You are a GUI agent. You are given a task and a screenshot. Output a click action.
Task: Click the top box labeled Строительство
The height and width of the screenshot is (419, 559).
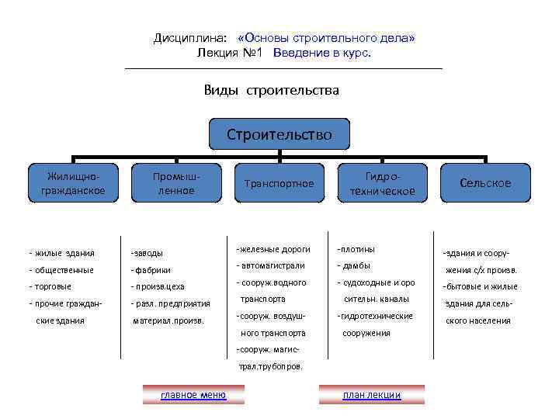click(279, 134)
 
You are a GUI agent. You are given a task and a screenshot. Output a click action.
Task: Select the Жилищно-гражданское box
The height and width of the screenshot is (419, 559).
click(74, 183)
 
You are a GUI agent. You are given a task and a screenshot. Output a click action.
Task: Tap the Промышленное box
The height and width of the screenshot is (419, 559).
click(176, 183)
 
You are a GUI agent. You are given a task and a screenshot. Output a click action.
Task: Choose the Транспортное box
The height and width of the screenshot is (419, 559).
click(279, 183)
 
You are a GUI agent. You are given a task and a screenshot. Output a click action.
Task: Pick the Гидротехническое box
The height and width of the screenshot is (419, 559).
click(382, 183)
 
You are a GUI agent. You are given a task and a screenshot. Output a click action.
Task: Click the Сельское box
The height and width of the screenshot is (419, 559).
click(485, 183)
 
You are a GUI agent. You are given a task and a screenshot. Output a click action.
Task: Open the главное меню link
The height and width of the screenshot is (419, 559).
click(193, 395)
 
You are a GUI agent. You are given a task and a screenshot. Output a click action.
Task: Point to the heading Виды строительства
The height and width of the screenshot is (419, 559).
click(272, 90)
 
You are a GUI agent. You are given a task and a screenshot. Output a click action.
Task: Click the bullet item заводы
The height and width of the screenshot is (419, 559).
click(148, 253)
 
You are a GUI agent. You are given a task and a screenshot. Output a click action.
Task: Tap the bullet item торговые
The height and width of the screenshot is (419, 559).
click(51, 286)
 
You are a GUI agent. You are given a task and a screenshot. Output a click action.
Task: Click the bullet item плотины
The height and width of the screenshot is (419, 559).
click(356, 249)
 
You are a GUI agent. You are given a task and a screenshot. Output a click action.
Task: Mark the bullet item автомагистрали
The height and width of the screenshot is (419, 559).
click(269, 265)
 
